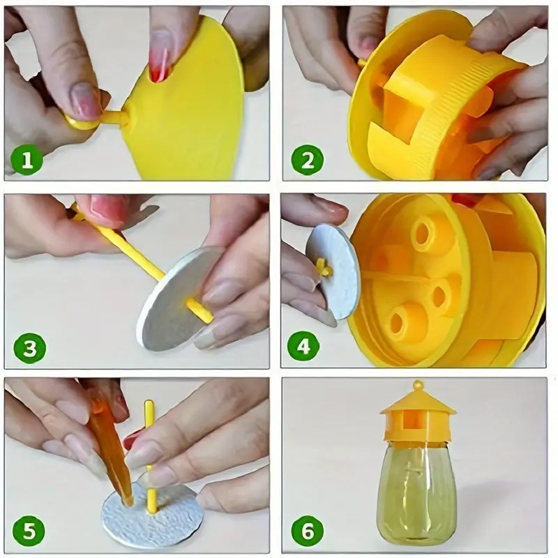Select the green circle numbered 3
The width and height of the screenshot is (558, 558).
[30, 349]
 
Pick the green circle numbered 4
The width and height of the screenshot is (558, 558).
[303, 346]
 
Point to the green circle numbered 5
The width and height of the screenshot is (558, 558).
[29, 531]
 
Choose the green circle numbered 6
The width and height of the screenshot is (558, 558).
[308, 532]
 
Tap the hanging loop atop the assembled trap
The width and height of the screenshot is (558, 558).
[418, 385]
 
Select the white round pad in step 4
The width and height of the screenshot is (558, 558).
[330, 271]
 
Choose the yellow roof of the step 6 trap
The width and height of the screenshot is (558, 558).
[418, 402]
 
